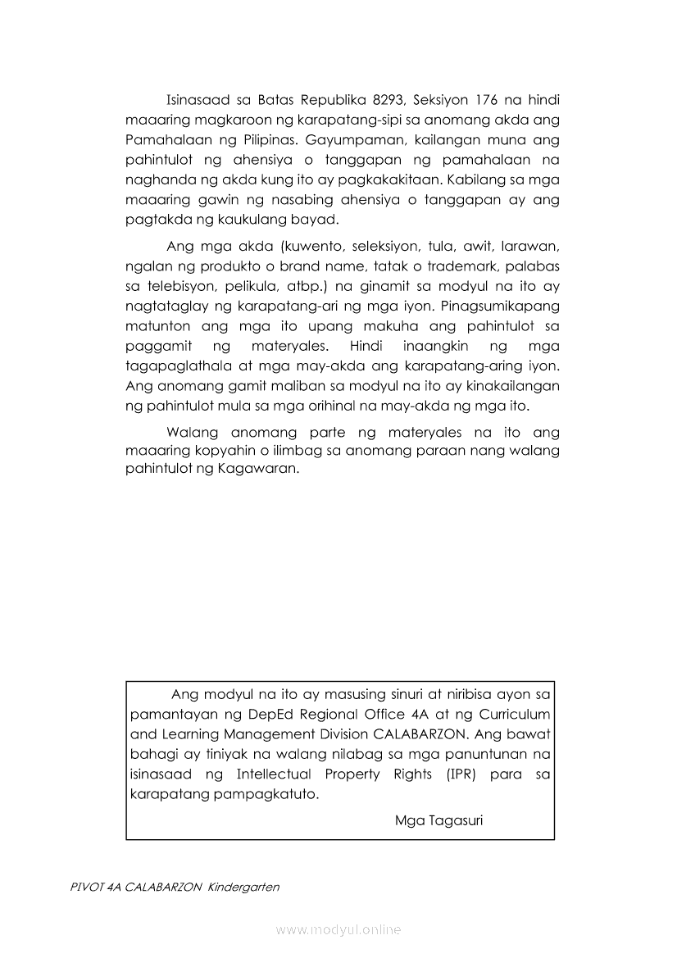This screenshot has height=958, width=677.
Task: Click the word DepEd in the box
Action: pos(300,715)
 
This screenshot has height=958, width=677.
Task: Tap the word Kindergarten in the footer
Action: pos(243,887)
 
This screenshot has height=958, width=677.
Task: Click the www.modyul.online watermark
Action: pos(338,929)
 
